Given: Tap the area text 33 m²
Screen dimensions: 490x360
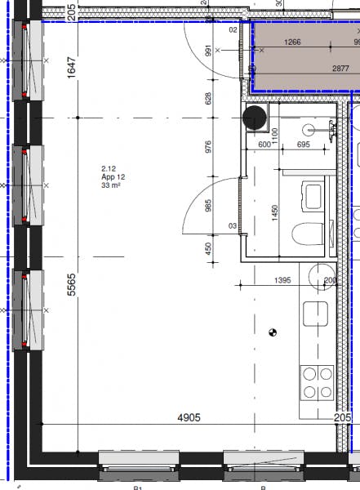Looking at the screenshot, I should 110,185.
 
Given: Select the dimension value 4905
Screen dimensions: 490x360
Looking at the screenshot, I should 189,417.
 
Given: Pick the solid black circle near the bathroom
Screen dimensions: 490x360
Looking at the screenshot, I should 256,118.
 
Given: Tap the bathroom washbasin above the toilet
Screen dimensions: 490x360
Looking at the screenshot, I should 312,196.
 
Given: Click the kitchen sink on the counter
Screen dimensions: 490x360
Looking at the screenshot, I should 315,314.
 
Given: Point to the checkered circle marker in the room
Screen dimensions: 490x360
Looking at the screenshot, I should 273,332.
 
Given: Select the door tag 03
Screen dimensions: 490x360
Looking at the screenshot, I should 233,225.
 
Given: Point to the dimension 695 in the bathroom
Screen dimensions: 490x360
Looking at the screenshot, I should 303,145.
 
